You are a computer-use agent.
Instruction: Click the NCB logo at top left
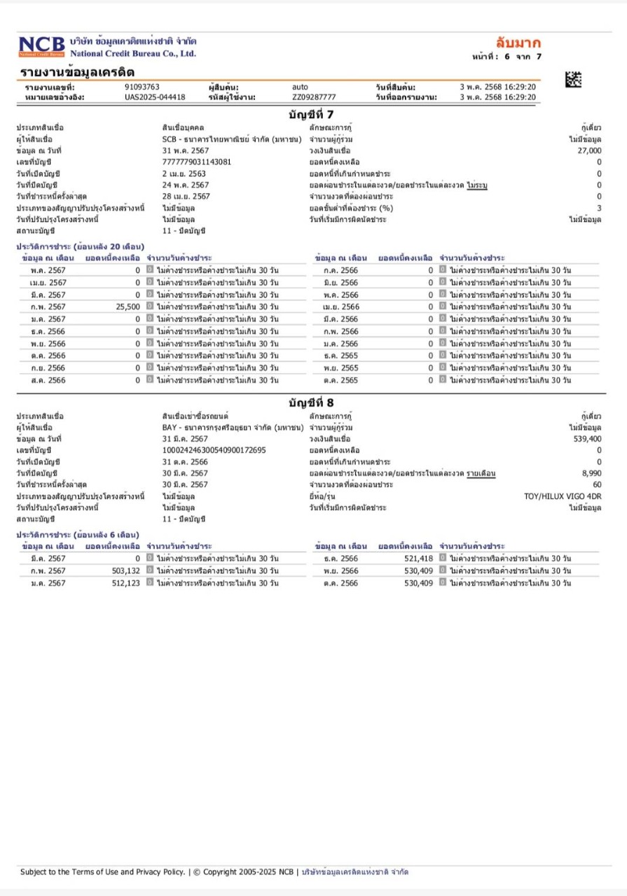click(41, 46)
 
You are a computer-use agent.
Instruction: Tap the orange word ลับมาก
click(518, 42)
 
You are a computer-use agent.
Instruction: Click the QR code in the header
click(573, 80)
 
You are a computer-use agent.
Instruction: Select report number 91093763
click(142, 87)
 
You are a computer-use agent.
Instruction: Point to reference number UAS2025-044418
click(155, 97)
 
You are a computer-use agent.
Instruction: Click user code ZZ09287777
click(314, 97)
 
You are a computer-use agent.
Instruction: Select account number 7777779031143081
click(197, 162)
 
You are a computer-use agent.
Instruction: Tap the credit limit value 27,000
click(589, 150)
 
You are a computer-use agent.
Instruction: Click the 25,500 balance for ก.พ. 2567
click(128, 307)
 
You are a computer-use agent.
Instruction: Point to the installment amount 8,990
click(591, 473)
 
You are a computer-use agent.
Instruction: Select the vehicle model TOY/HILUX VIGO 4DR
click(563, 496)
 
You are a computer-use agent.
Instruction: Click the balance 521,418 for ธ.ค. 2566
click(419, 559)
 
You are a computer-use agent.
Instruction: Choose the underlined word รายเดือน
click(481, 473)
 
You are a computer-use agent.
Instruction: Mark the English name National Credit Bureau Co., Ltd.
click(133, 53)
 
